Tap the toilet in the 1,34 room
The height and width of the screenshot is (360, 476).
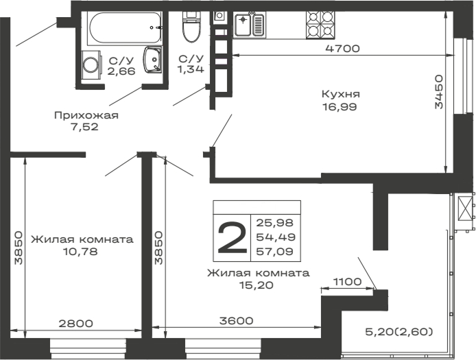[x=190, y=29]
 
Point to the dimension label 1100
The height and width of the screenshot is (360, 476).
[x=348, y=281]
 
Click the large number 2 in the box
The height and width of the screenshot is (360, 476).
[x=231, y=238]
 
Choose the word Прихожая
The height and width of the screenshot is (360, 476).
[x=86, y=115]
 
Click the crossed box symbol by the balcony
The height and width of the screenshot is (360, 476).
[x=466, y=208]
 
